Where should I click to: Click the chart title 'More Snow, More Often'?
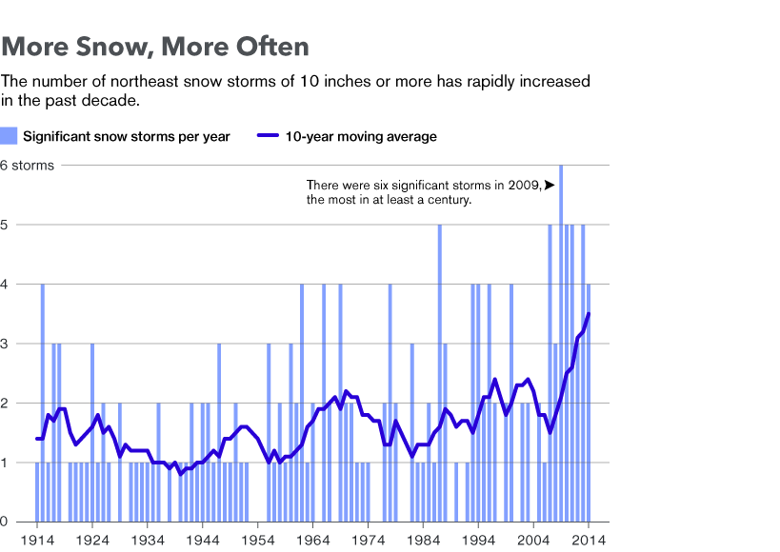tap(155, 47)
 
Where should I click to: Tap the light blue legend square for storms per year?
tap(9, 136)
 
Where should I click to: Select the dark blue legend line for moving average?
tap(269, 135)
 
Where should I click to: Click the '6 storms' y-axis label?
tap(27, 166)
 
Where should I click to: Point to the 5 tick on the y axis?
tap(4, 225)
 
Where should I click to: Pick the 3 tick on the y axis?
tap(4, 344)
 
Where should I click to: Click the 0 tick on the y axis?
tap(4, 522)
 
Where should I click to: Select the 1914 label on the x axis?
tap(37, 540)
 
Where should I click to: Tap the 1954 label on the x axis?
tap(258, 540)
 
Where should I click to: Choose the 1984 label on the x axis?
tap(423, 540)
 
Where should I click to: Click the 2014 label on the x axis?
tap(589, 540)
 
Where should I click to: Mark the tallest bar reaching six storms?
tap(561, 344)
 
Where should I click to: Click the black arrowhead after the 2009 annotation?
tap(550, 185)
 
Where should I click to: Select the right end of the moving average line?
tap(589, 313)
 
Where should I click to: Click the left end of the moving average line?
tap(37, 439)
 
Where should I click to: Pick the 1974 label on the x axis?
tap(369, 540)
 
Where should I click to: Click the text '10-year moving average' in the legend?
tap(361, 136)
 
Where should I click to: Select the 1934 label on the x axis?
tap(148, 540)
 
